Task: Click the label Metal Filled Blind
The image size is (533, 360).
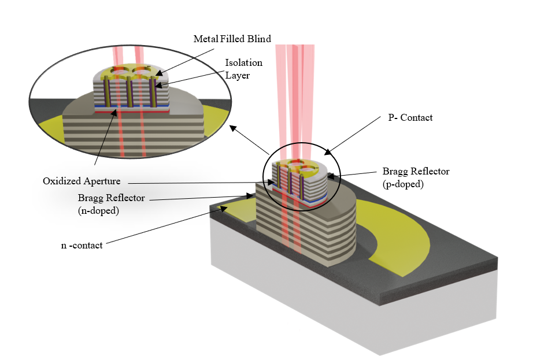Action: tap(232, 39)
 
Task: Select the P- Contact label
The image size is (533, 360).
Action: tap(410, 117)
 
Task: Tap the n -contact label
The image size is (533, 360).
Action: tap(82, 245)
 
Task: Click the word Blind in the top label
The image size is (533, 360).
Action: tap(259, 39)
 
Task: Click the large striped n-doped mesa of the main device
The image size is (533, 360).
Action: tap(301, 231)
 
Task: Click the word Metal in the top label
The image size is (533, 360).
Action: tap(205, 39)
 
